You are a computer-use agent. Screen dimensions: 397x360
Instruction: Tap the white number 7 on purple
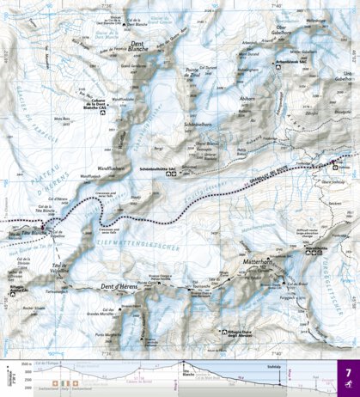click(348, 375)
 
